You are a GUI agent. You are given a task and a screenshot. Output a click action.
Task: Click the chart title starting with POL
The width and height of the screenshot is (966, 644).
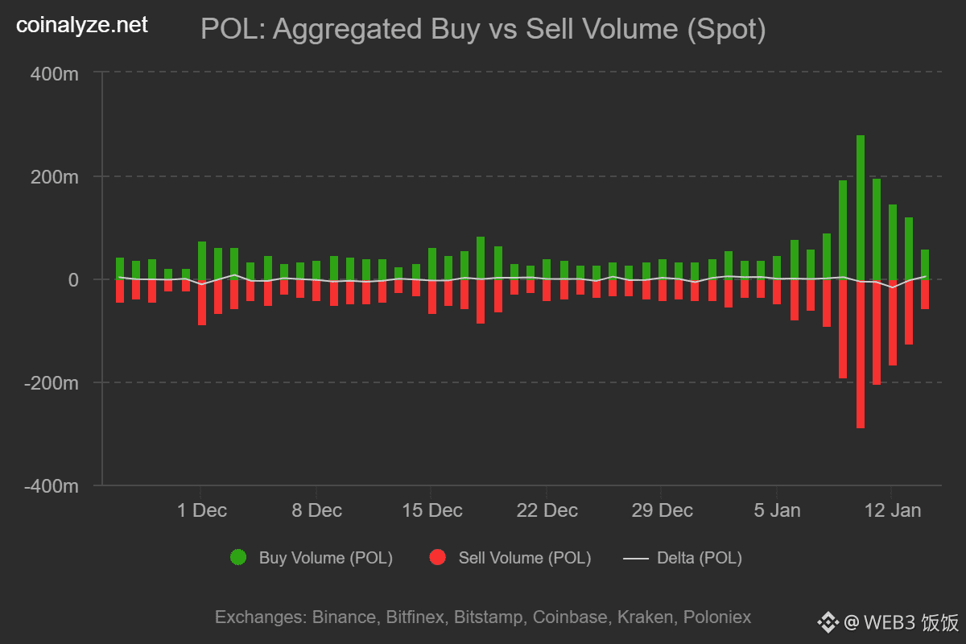coord(482,30)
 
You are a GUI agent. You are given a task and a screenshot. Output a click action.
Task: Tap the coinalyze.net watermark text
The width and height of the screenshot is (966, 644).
coord(82,26)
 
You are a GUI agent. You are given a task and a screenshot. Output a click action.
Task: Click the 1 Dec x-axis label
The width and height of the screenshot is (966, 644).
coord(201,510)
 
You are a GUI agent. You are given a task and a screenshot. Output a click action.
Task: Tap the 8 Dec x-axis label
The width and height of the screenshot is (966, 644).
coord(316,510)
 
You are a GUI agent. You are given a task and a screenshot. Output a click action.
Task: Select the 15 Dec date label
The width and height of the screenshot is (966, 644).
coord(431,510)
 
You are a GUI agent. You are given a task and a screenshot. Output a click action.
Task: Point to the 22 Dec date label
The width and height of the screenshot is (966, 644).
coord(547,510)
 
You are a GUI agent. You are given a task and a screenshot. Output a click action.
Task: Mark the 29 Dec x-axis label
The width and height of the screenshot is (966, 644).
coord(662,510)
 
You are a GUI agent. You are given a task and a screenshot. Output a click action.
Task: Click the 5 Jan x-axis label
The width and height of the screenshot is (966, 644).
coord(777,510)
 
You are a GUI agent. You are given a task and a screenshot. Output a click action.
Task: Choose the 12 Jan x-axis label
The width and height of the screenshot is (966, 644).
coord(891,510)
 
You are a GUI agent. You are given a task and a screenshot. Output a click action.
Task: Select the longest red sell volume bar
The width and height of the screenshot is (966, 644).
coord(861,354)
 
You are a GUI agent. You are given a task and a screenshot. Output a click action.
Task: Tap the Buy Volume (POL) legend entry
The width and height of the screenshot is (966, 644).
coord(312,558)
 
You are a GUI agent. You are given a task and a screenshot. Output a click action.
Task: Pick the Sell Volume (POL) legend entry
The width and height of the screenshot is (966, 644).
coord(510,558)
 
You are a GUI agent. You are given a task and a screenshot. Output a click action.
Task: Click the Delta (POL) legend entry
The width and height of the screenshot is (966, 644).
coord(683,558)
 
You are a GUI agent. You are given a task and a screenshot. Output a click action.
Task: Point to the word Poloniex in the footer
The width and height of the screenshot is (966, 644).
coord(716,617)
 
